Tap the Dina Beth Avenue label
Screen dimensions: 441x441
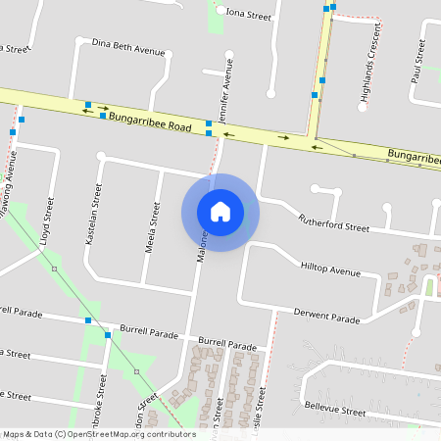pyautogui.click(x=127, y=46)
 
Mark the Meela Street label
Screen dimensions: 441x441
pyautogui.click(x=153, y=227)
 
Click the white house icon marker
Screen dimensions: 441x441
pyautogui.click(x=220, y=212)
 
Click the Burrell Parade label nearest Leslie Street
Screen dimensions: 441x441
pyautogui.click(x=226, y=346)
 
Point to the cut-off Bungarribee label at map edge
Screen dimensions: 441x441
pyautogui.click(x=413, y=156)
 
